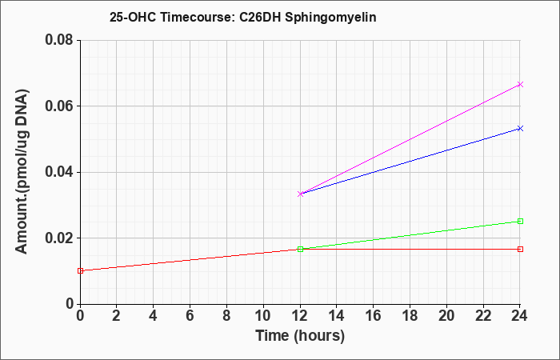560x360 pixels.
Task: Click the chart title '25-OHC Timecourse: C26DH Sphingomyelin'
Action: pyautogui.click(x=243, y=17)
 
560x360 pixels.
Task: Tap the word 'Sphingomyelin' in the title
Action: pyautogui.click(x=330, y=18)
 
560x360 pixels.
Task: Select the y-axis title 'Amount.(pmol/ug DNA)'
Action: pyautogui.click(x=22, y=172)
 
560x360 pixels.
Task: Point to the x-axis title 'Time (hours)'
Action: pyautogui.click(x=300, y=336)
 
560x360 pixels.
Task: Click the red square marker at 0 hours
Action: pyautogui.click(x=80, y=270)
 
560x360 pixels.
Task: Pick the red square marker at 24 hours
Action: pyautogui.click(x=520, y=249)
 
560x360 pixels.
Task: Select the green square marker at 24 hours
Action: pyautogui.click(x=520, y=221)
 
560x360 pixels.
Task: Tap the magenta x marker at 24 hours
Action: pyautogui.click(x=520, y=84)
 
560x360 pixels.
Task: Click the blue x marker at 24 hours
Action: pyautogui.click(x=520, y=128)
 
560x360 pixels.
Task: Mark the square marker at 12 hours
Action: pyautogui.click(x=300, y=249)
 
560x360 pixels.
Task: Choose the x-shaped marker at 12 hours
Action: pyautogui.click(x=300, y=194)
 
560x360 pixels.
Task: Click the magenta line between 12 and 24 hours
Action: pyautogui.click(x=410, y=139)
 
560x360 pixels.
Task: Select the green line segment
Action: pyautogui.click(x=410, y=235)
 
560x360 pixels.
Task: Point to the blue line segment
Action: pyautogui.click(x=410, y=161)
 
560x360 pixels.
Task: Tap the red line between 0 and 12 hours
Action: pyautogui.click(x=190, y=260)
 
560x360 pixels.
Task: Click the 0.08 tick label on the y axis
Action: pyautogui.click(x=59, y=40)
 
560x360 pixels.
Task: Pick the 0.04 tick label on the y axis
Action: pyautogui.click(x=59, y=172)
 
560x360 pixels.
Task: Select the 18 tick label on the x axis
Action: pyautogui.click(x=410, y=316)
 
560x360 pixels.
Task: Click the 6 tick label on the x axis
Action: pyautogui.click(x=190, y=316)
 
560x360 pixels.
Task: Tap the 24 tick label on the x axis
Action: pyautogui.click(x=519, y=316)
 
